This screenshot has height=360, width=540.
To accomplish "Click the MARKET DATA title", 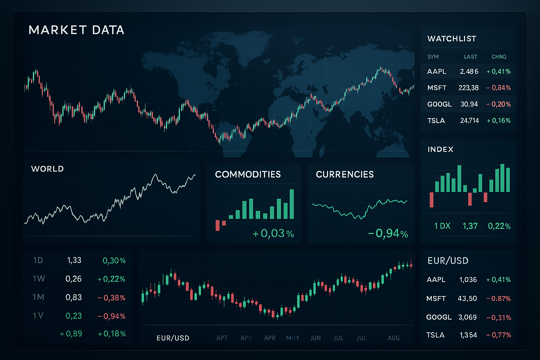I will (x=76, y=30).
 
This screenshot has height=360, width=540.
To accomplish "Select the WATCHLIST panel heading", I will (x=452, y=39).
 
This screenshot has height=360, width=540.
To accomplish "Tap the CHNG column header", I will (x=499, y=57).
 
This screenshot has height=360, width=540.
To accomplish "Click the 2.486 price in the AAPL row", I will (x=469, y=72).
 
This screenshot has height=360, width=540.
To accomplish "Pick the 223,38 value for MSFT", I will (x=468, y=88).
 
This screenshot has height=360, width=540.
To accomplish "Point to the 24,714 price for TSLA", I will (x=469, y=121).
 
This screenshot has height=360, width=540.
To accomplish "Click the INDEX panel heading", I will (x=441, y=149).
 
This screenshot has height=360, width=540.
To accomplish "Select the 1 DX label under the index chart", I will (x=442, y=226).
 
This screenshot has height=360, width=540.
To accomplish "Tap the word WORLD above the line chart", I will (x=47, y=169).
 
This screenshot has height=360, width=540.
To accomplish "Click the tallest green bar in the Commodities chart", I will (x=291, y=204).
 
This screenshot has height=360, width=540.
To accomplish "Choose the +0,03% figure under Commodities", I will (x=273, y=233).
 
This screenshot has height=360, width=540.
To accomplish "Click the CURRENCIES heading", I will (x=345, y=174).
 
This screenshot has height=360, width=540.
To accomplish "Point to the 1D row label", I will (x=38, y=261).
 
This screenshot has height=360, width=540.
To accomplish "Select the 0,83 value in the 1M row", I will (x=73, y=297).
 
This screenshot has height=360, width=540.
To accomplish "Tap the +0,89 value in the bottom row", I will (x=71, y=334).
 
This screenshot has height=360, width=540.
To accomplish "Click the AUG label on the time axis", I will (x=394, y=338).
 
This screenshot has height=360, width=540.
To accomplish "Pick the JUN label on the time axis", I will (x=315, y=338).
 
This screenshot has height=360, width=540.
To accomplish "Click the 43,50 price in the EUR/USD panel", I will (x=467, y=299).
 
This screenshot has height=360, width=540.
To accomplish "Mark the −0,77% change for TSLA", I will (x=499, y=335).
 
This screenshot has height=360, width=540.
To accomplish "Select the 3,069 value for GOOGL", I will (x=467, y=317).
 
